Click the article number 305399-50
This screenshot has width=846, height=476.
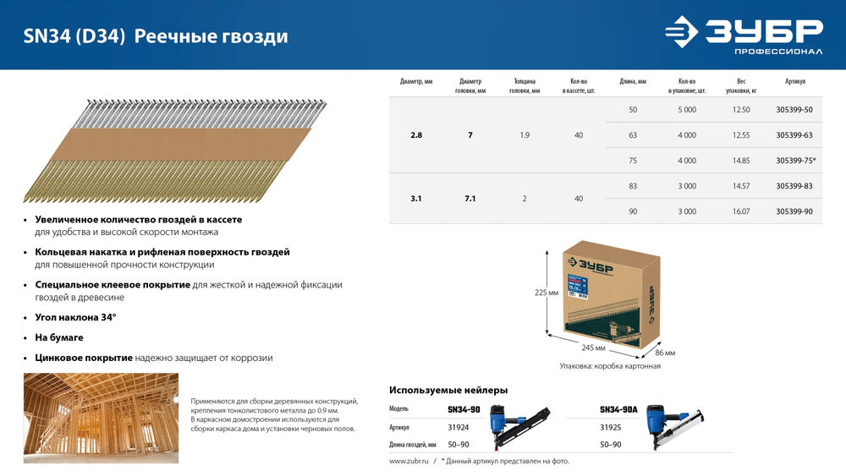794,110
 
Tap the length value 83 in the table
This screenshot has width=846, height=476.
633,186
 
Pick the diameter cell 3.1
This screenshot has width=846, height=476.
416,199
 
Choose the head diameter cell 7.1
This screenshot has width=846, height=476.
470,199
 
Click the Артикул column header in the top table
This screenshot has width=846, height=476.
794,81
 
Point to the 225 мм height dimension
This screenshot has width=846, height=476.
547,293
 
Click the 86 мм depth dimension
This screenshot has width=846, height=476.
665,353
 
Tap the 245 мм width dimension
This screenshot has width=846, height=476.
592,347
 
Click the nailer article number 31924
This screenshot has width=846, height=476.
459,428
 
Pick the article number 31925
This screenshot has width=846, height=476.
611,428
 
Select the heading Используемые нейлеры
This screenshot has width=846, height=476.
448,390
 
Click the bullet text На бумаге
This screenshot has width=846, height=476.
60,336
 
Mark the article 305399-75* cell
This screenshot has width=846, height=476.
796,161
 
